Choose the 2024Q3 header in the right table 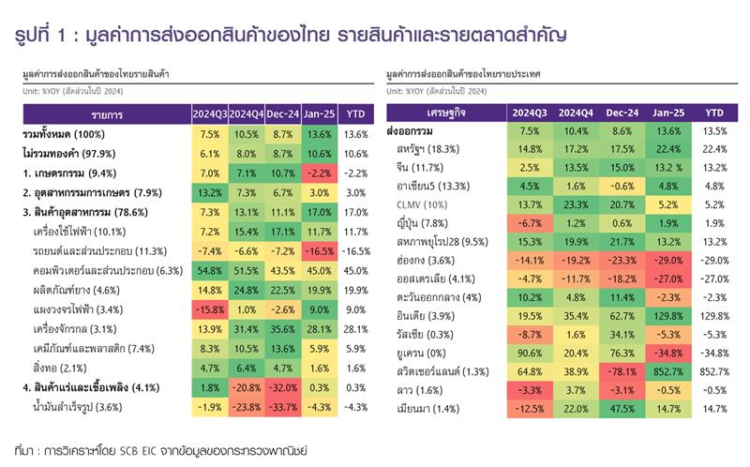click(530, 113)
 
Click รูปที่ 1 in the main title click(42, 36)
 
